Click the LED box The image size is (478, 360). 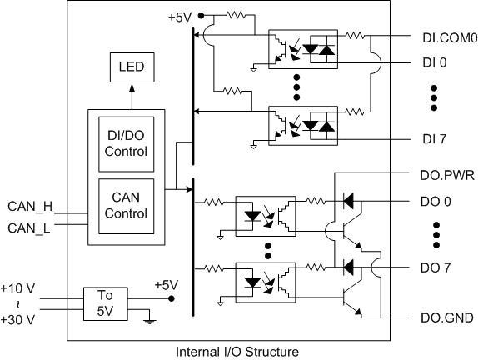(x=132, y=67)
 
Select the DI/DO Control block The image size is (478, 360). (x=127, y=144)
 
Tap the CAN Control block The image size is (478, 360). (x=127, y=206)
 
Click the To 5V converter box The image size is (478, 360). (x=106, y=304)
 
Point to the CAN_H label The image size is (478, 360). (x=30, y=207)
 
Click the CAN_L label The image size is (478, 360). (x=28, y=228)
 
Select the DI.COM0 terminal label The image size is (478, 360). (x=450, y=38)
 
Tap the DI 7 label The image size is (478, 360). (x=435, y=139)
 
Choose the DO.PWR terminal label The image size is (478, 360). (x=447, y=176)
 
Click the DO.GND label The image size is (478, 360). (x=447, y=317)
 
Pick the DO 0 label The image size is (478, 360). (x=436, y=202)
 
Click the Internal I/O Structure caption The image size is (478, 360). (x=237, y=352)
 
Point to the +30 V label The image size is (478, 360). (x=17, y=320)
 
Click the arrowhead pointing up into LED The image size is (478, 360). (x=132, y=88)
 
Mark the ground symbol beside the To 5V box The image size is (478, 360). (x=149, y=322)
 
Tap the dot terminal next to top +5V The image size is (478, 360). (x=201, y=16)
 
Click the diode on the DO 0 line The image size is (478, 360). (x=348, y=202)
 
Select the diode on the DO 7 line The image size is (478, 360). (x=348, y=267)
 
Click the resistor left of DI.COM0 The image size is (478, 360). (x=355, y=36)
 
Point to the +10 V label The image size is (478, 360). (x=17, y=288)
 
